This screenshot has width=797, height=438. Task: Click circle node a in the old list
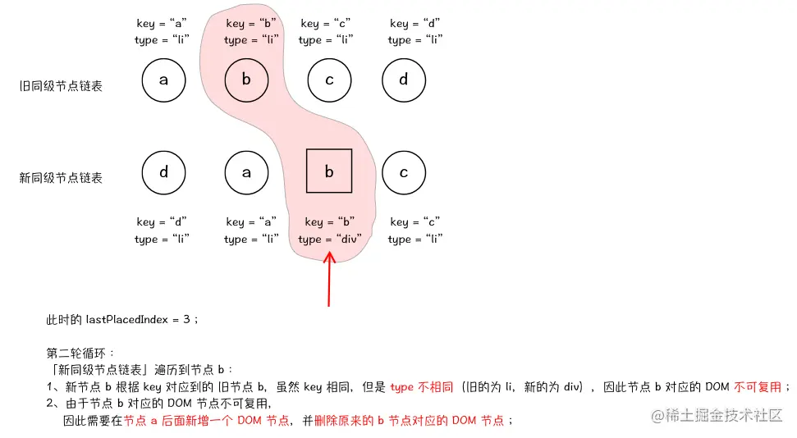(163, 80)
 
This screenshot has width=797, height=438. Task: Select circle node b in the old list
(246, 80)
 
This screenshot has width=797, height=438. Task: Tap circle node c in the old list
(329, 80)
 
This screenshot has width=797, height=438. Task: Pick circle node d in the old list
(404, 80)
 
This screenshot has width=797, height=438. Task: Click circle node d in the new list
(163, 172)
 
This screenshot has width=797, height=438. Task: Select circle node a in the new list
(246, 172)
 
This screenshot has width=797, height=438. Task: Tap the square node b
(329, 172)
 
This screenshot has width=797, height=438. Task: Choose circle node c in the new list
(404, 172)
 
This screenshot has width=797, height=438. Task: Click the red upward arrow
(329, 279)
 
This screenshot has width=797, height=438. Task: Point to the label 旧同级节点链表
(62, 85)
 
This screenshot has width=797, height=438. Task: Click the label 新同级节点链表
(62, 177)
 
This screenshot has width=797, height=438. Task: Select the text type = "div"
(330, 240)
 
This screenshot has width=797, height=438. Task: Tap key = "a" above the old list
(163, 24)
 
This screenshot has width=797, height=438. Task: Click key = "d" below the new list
(163, 221)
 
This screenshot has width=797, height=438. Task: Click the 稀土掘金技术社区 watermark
(717, 416)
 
